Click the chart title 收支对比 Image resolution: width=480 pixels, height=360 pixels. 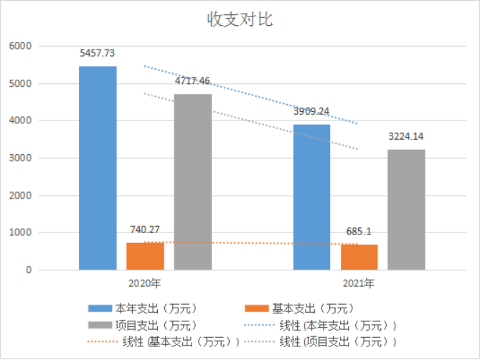point(240,19)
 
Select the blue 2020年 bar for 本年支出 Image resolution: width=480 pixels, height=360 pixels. point(98,168)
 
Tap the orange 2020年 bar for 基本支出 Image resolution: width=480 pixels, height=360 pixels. point(145,256)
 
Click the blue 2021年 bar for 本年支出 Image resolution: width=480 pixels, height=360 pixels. point(312,197)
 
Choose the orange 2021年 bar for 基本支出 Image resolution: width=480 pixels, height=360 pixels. point(359,257)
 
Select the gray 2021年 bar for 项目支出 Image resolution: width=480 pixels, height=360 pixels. point(406,209)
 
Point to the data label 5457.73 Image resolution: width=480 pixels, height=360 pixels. point(98,53)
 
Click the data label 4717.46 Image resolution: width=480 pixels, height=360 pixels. point(192,80)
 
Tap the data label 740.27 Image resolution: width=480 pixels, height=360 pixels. point(145,229)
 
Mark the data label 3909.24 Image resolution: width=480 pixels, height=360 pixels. point(312,111)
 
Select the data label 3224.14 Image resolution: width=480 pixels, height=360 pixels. point(406,136)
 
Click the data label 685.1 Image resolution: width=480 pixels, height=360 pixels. point(359,232)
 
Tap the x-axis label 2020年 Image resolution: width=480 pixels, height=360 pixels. point(145,283)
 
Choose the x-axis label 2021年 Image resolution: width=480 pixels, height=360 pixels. point(359,283)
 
